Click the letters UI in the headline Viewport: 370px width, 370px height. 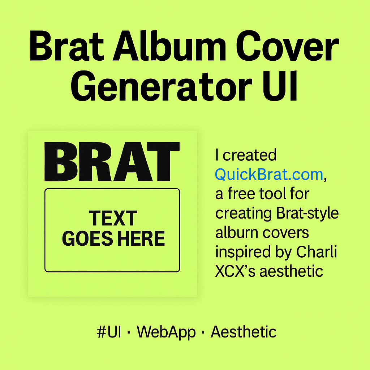click(x=280, y=87)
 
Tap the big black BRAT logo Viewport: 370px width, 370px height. click(x=112, y=162)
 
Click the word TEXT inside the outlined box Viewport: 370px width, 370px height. click(x=113, y=219)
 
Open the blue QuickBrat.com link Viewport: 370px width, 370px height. click(x=269, y=175)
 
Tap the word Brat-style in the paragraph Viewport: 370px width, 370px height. click(x=307, y=213)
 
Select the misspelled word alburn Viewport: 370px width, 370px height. click(x=237, y=232)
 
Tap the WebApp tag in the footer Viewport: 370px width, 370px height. click(x=166, y=332)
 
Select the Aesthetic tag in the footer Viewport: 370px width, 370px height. click(x=244, y=332)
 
